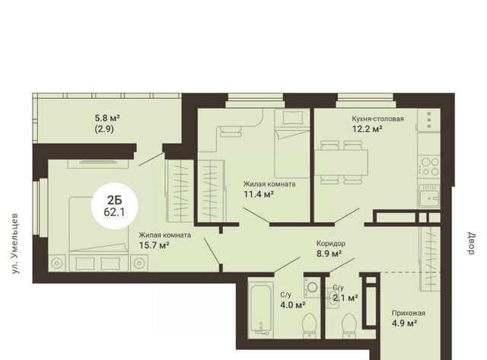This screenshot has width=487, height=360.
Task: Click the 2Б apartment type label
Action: (x=115, y=200)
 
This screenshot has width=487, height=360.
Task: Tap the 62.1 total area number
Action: (x=114, y=212)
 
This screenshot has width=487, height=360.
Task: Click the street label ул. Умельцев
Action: (x=14, y=244)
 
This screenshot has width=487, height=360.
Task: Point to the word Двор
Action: (x=472, y=244)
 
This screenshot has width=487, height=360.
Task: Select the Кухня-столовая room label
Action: (x=377, y=119)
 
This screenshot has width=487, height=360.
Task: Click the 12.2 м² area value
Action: (x=367, y=129)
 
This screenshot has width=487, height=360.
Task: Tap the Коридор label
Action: (x=331, y=244)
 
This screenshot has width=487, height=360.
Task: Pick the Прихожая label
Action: (x=409, y=313)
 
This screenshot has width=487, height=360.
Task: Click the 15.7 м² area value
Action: (x=154, y=245)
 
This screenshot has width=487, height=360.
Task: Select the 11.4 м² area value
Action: (x=259, y=194)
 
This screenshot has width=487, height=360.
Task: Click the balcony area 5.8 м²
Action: (x=107, y=118)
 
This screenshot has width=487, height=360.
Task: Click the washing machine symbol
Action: (x=312, y=288)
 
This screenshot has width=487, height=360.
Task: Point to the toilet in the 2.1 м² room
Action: (x=349, y=326)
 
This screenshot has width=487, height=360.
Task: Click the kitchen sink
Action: (x=429, y=196)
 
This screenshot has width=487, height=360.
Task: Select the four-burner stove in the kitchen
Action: (x=430, y=167)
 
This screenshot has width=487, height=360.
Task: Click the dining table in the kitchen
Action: (x=341, y=163)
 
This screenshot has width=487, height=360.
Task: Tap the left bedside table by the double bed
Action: (x=57, y=263)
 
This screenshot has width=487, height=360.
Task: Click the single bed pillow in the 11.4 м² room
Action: (x=292, y=118)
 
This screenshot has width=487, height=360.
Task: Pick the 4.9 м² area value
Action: (x=404, y=323)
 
